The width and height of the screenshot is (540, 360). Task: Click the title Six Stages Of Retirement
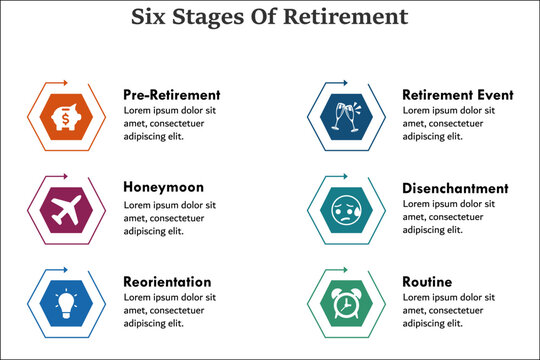tap(270, 17)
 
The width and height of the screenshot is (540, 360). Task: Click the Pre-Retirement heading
tap(171, 95)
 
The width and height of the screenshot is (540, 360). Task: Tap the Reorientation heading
tap(167, 281)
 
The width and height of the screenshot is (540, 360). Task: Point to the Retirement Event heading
tap(458, 95)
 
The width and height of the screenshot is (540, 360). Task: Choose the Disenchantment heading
tap(455, 188)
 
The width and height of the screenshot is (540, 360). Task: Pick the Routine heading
tap(427, 281)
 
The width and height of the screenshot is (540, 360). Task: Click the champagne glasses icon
tap(346, 118)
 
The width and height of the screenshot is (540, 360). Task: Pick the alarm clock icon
tap(346, 303)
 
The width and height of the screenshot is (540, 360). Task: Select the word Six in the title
tap(151, 17)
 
